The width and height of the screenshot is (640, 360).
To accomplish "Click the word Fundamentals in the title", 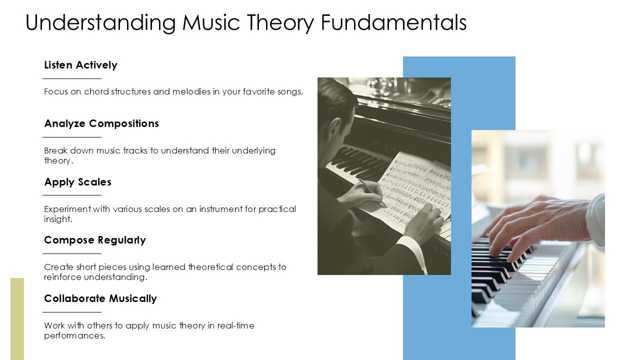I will click(x=394, y=22).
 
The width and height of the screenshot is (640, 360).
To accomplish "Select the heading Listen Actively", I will click(x=80, y=65).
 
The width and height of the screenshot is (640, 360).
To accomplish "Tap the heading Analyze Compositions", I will click(x=101, y=123).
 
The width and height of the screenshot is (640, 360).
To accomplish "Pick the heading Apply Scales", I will click(x=77, y=182).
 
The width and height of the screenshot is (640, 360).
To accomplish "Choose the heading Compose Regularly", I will click(x=95, y=240).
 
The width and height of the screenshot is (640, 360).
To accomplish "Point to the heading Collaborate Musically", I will click(x=100, y=298).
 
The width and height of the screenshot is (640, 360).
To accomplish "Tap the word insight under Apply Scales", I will click(x=57, y=219).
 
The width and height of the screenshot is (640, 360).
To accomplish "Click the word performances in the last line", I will click(x=74, y=335).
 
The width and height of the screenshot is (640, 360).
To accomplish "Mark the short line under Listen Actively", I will click(x=72, y=78).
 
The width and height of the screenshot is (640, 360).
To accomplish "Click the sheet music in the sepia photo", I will click(x=410, y=185).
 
